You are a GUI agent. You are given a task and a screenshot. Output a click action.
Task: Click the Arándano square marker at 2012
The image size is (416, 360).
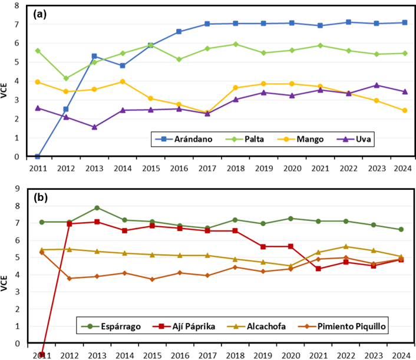66,109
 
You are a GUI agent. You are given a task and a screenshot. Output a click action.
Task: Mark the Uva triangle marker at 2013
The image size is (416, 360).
94,127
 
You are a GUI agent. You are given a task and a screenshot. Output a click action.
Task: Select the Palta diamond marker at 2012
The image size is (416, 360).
66,78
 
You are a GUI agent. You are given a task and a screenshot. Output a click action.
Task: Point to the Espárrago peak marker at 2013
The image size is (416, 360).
97,208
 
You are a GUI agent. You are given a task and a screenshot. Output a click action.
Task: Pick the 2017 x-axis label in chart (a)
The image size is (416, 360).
207,167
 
